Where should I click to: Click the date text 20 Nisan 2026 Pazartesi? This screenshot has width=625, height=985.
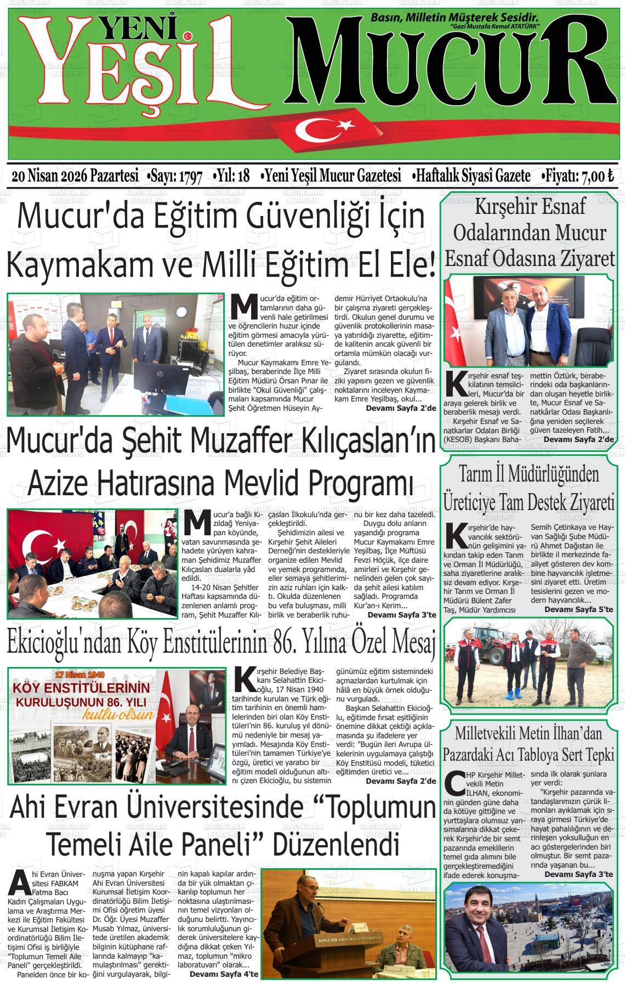[x=75, y=177]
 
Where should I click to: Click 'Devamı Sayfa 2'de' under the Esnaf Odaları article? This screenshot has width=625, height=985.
[x=579, y=439]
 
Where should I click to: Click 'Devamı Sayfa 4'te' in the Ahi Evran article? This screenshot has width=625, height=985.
[x=224, y=975]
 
